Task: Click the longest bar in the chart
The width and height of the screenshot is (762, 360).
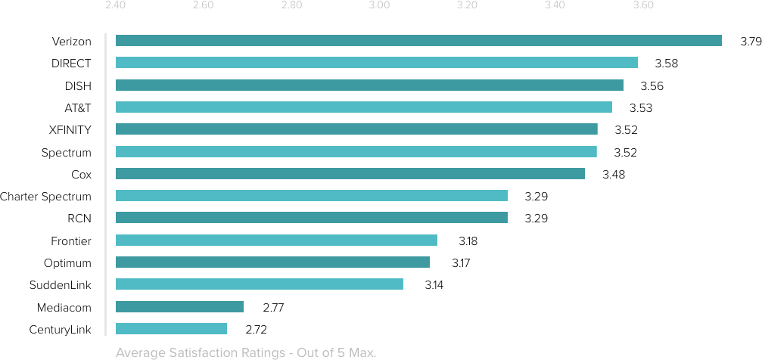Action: pyautogui.click(x=418, y=41)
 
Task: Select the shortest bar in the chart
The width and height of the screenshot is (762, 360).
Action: pyautogui.click(x=171, y=329)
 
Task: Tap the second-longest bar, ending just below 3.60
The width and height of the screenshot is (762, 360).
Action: pyautogui.click(x=376, y=63)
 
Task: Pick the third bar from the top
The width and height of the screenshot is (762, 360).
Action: pyautogui.click(x=369, y=85)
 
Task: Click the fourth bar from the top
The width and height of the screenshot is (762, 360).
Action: pyautogui.click(x=363, y=107)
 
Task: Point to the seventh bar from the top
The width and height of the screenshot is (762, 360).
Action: pyautogui.click(x=350, y=173)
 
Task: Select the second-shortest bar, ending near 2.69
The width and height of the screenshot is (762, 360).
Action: pyautogui.click(x=179, y=306)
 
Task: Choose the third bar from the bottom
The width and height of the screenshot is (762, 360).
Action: pyautogui.click(x=259, y=284)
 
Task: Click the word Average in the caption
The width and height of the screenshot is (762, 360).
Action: pyautogui.click(x=138, y=352)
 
